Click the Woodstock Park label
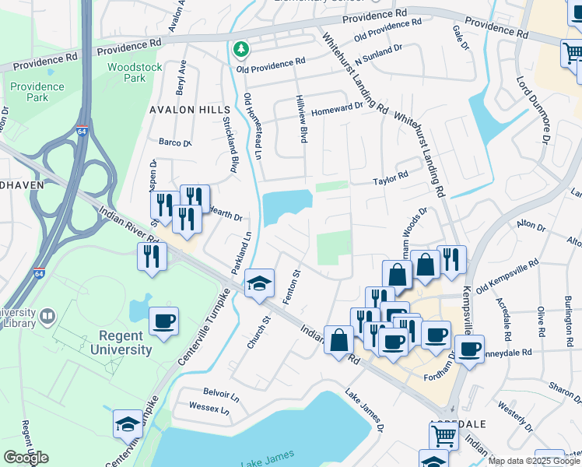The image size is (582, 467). [x=135, y=72]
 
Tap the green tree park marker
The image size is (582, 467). [x=242, y=49]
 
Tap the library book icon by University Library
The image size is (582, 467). [x=48, y=315]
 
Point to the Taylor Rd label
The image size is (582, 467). [x=391, y=177]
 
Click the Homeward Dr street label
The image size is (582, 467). [x=337, y=111]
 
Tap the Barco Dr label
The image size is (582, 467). [x=174, y=142]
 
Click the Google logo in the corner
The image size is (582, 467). [x=26, y=458]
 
